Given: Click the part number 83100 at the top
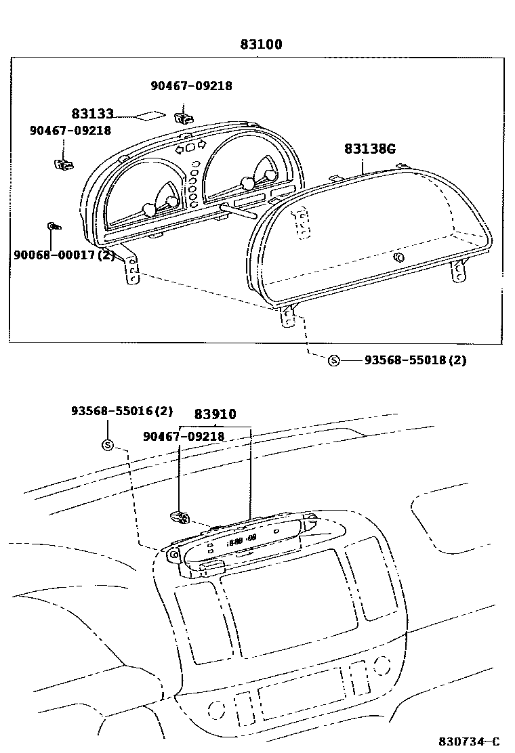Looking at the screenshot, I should point(261,45).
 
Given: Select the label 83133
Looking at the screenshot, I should point(92,114).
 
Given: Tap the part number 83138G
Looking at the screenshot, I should point(369,148).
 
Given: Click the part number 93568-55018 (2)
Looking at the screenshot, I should point(415,360).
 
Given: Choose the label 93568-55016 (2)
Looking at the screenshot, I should point(122,411).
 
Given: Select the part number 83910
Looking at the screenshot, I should point(215,414).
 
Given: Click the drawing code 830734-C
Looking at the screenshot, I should point(469,741).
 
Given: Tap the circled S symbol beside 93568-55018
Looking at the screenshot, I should point(333,360).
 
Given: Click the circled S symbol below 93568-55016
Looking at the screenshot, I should point(108,445).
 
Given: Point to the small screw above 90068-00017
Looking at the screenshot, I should point(53,226).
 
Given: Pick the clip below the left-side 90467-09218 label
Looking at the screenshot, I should point(64,163).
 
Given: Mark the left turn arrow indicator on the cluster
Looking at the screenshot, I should point(180,148).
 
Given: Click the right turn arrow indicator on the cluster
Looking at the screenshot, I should point(201,144).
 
